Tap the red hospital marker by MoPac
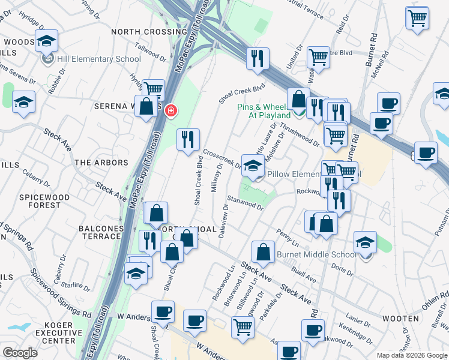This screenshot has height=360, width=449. (170, 110)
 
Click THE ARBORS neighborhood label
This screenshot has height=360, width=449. (101, 163)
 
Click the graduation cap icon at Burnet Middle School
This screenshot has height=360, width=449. (365, 242)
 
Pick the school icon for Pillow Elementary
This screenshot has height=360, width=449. (253, 166)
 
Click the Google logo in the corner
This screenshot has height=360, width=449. (20, 353)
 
